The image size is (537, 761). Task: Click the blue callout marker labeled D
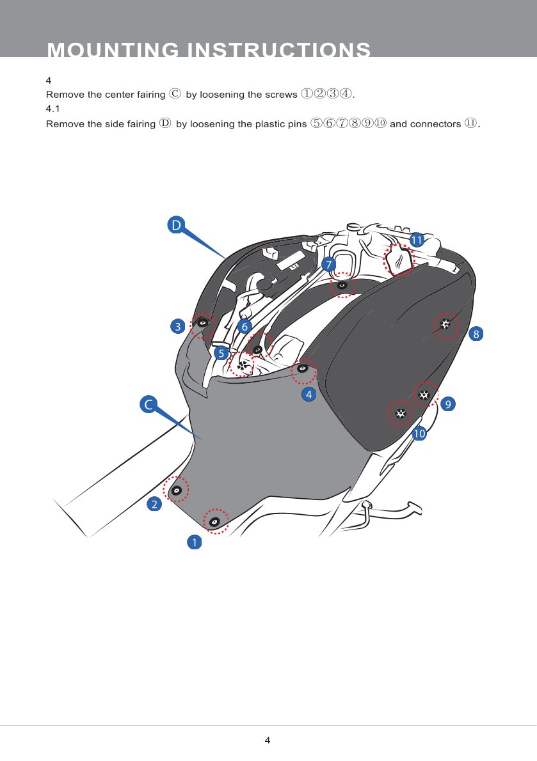(176, 224)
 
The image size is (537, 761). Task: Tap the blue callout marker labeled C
(148, 404)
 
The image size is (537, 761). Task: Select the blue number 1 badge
(194, 542)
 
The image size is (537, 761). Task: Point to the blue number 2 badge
(154, 505)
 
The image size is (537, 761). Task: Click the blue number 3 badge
(178, 326)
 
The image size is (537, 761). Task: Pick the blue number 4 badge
(309, 394)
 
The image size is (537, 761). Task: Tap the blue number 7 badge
(329, 265)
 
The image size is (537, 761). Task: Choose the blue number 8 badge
(476, 333)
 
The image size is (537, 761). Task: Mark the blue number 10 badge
(419, 433)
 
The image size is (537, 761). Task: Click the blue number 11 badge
(417, 240)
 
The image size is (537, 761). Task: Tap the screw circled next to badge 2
(177, 490)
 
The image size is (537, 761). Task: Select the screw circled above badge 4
(303, 369)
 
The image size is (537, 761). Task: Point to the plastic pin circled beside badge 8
(445, 324)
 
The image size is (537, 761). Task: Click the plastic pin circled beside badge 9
(424, 395)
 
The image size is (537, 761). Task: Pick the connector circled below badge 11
(399, 259)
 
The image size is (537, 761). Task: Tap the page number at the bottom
(268, 740)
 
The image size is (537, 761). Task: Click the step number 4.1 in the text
(53, 109)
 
